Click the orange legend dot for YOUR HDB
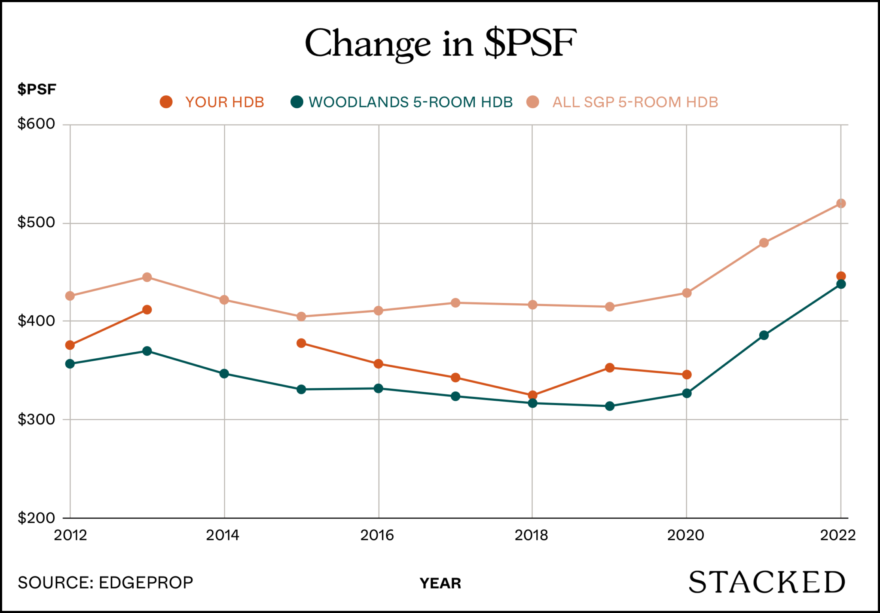166,102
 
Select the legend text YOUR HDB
224,102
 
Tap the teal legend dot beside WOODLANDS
297,102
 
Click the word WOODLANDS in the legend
358,102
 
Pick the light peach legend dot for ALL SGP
533,102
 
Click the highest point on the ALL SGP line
841,203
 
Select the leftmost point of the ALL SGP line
70,296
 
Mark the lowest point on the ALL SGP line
301,316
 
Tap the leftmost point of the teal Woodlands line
70,364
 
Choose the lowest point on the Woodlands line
610,406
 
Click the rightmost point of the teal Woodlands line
841,284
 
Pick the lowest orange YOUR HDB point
532,395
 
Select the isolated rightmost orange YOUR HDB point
841,276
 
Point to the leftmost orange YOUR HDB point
70,345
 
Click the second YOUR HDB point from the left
147,310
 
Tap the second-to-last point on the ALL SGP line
764,243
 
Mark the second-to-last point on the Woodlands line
764,335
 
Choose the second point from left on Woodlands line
147,351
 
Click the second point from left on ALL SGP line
147,277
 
